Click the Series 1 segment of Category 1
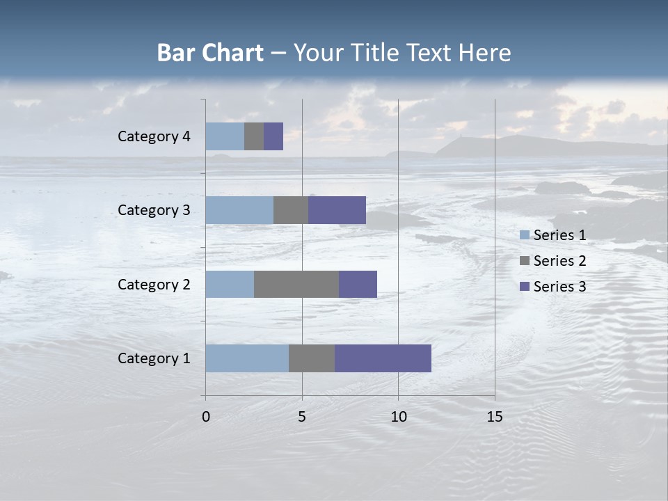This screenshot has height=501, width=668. pos(247,358)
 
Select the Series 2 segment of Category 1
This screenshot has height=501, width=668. pos(312,358)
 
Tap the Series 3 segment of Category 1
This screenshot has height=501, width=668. pos(383,358)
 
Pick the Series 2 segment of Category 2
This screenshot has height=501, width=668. pos(296,284)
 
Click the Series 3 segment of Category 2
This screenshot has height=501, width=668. pos(358,284)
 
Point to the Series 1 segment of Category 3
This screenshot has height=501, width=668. pos(239,210)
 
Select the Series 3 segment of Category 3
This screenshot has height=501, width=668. pos(337,210)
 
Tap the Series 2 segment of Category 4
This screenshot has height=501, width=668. pos(254,136)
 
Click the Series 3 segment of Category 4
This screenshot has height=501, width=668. pos(273,136)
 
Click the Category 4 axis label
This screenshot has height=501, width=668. pos(154,136)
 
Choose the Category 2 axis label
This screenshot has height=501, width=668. pos(154,284)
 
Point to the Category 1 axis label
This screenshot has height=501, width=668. pos(154,358)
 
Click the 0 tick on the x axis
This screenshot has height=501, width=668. pos(206,417)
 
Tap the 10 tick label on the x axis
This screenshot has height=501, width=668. pos(398,417)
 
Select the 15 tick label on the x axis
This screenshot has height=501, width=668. pos(494,417)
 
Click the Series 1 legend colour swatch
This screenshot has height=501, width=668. pos(524,235)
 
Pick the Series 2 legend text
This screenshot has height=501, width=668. pos(559,261)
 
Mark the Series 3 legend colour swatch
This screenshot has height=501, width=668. pos(524,287)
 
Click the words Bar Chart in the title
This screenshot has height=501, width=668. pos(210,53)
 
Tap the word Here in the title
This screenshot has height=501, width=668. pos(486,53)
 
